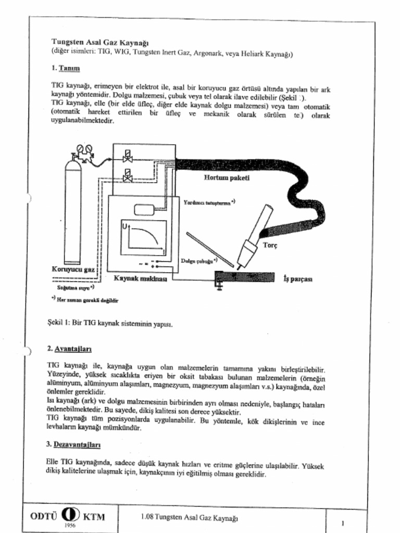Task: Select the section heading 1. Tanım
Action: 65,68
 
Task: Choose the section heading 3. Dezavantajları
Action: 72,445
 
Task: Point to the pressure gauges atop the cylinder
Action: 84,150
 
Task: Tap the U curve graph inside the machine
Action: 144,237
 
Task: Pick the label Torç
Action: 270,245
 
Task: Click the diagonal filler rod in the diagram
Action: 209,248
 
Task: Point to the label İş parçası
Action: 297,278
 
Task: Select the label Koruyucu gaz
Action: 73,269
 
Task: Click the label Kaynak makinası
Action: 140,278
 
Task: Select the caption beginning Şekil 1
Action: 109,323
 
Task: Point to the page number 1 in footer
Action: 343,522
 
